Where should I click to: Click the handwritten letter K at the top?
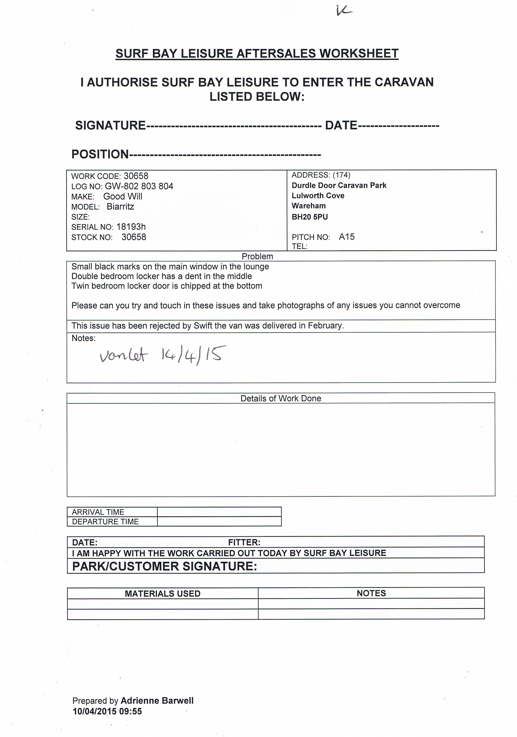coord(344,11)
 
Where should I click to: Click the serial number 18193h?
coord(131,227)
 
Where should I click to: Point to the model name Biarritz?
coord(120,207)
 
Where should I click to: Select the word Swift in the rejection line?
coord(203,326)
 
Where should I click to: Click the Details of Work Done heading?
coord(281,398)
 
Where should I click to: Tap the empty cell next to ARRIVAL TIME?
coord(219,512)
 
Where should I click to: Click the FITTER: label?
coord(244,542)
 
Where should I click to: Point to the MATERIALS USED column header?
coord(162,594)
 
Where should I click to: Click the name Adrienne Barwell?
coord(157,701)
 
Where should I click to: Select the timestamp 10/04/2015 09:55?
coord(107,711)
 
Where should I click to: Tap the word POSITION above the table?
coord(100,154)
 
